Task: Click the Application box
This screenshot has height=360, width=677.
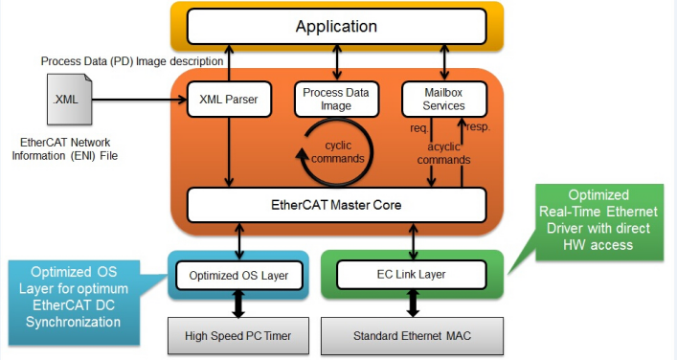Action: [337, 27]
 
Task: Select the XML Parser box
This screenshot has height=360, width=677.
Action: [229, 100]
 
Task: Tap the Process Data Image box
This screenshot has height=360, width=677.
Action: [336, 100]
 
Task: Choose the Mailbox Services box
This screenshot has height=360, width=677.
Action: [444, 100]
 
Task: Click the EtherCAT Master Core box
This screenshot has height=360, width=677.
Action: [337, 205]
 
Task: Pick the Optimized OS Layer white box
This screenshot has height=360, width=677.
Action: [238, 276]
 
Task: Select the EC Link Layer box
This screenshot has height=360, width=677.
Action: [412, 275]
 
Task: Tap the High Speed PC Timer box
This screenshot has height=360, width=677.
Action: [238, 336]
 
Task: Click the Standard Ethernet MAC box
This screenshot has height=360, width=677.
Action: [412, 336]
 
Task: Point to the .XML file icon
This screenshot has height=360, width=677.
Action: [69, 100]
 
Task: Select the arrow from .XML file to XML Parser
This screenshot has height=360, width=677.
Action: [139, 100]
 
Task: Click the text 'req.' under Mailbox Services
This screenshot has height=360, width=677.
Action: [419, 128]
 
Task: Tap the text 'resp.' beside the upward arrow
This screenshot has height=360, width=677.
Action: [479, 127]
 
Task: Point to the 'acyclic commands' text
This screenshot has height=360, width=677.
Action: [444, 153]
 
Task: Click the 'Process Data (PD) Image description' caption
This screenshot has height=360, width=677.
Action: [132, 61]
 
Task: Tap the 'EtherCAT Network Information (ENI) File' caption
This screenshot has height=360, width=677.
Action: [65, 149]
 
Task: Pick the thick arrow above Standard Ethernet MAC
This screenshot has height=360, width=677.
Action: [413, 303]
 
